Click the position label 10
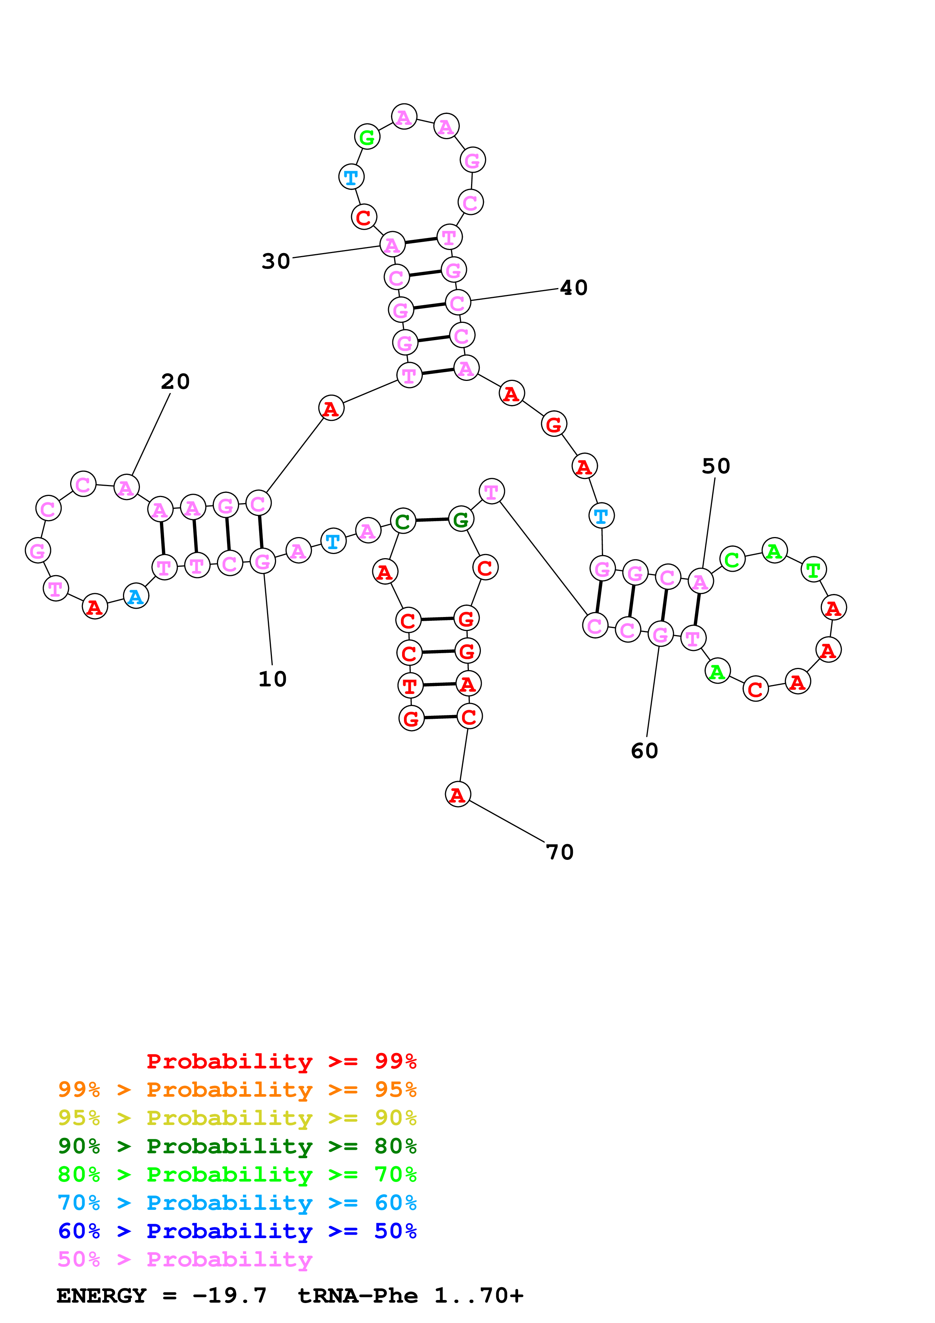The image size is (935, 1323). [272, 679]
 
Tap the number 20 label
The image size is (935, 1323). [175, 381]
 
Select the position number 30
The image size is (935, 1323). [276, 261]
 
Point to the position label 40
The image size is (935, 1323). [574, 287]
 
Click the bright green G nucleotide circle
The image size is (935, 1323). [367, 137]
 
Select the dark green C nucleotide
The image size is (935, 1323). [403, 522]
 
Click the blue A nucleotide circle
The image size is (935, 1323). [136, 596]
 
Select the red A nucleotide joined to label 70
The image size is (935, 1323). [458, 795]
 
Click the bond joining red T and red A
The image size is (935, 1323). [439, 685]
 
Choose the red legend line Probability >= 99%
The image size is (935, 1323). [281, 1061]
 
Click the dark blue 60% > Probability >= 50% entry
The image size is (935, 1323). [237, 1231]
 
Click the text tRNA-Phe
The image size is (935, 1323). [357, 1295]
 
